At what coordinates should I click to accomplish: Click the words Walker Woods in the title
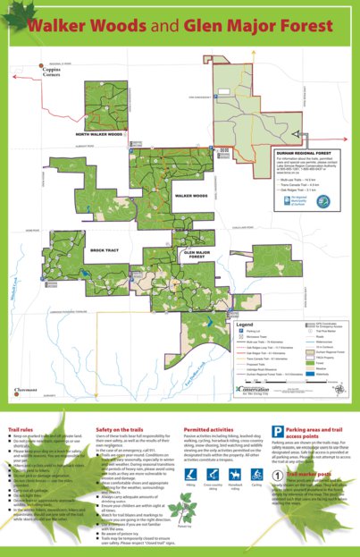(x=85, y=26)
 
